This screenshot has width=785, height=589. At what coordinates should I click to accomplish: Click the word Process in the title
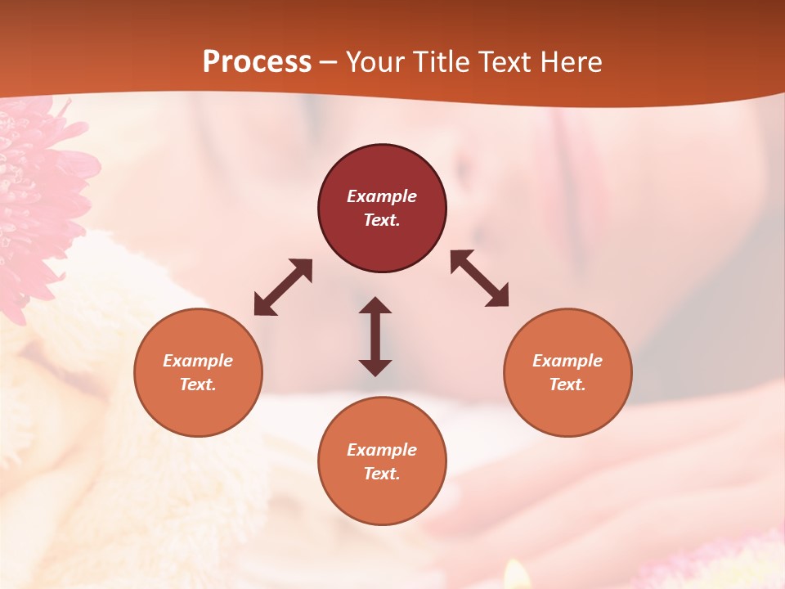[257, 62]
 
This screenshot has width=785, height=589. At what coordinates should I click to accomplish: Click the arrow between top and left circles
[283, 287]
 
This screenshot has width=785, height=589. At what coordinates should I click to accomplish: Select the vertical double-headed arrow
[375, 336]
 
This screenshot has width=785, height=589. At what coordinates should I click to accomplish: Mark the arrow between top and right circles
[480, 278]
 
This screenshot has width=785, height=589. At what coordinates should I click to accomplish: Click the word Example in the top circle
[382, 196]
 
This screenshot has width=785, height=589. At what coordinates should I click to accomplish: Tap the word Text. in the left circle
[198, 384]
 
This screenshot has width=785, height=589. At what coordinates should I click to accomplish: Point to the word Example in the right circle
[567, 361]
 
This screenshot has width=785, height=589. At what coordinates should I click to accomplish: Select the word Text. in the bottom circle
[382, 474]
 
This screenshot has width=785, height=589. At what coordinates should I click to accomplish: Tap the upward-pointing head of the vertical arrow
[375, 306]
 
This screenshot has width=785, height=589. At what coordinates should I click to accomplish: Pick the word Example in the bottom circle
[382, 450]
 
